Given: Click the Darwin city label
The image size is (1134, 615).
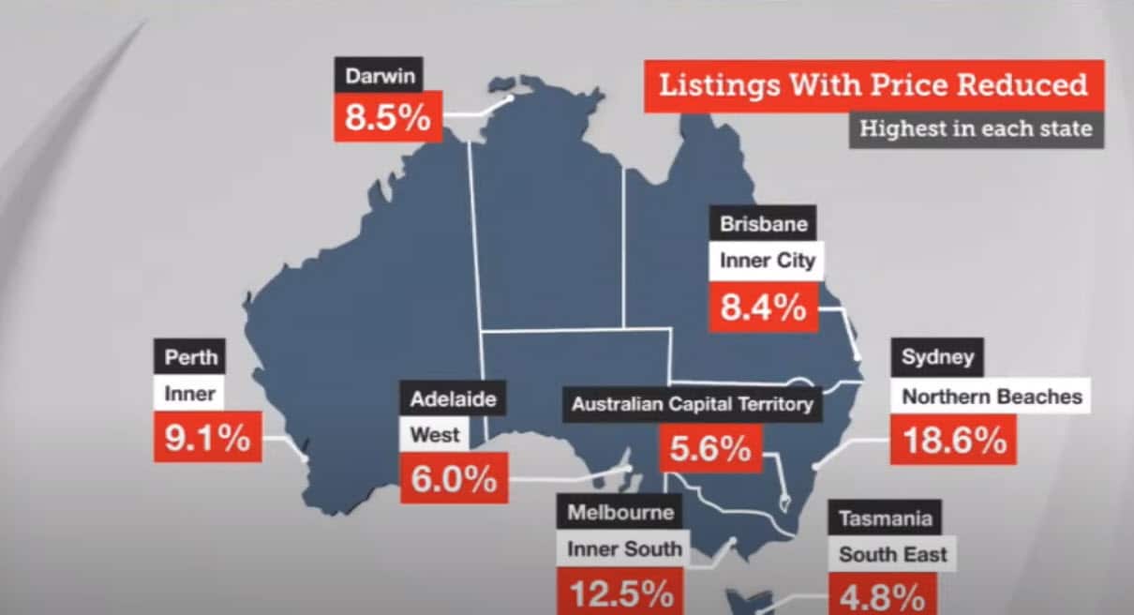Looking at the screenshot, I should pos(379,76).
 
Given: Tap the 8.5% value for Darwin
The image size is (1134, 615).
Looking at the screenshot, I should pos(388,117).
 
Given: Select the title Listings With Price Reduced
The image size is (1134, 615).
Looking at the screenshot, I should pos(873,85).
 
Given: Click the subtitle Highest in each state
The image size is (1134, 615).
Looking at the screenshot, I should pos(976,128).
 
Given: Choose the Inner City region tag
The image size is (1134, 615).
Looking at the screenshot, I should pos(767,261).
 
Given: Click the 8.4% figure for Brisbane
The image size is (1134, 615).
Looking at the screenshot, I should pos(763,306).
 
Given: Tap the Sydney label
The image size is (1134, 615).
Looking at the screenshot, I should pos(937,357).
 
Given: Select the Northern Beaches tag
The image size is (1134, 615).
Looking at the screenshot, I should pos(992,397).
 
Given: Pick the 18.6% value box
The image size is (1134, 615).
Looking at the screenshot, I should pos(954,439).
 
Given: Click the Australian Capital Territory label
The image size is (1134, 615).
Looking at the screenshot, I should pos(692,405).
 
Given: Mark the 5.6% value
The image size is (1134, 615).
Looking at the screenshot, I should pos(710,449).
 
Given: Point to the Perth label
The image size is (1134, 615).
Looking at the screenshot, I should pos(190,357).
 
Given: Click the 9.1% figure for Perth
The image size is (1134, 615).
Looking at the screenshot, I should pos(207,438).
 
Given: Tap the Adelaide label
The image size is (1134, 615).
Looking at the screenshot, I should pos(453,399).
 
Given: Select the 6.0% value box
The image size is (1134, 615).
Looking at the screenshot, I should pos(454,478).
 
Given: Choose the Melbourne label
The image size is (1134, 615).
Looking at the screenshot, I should pos(620,513).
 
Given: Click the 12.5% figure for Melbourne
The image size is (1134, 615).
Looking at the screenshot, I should pos(622,592).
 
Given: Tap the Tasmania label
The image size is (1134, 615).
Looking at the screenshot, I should pos(885,518).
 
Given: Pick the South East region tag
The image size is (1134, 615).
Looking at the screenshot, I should pos(892,554).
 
